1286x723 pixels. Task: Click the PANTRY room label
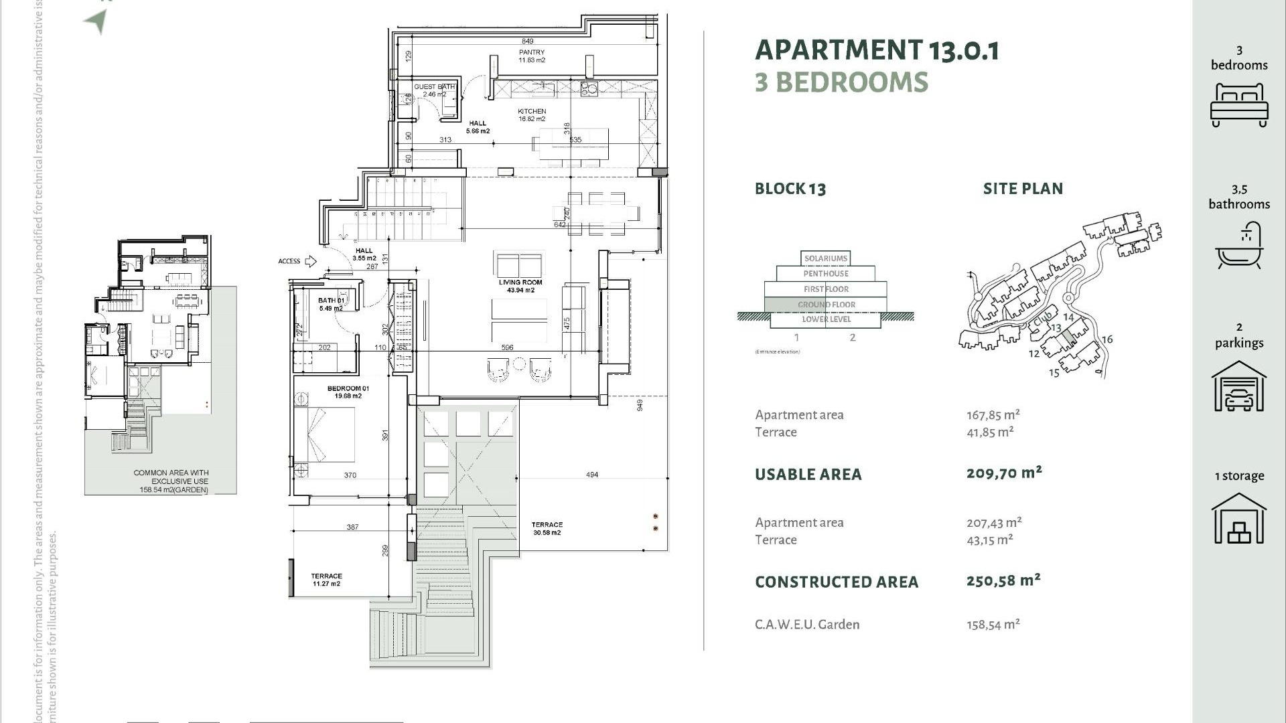(532, 52)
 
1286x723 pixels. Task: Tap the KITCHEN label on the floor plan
(532, 112)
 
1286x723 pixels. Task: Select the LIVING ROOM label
(520, 283)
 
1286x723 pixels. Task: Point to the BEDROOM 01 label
(348, 389)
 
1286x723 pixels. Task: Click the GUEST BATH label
(434, 87)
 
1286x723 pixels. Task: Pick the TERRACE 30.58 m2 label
(547, 526)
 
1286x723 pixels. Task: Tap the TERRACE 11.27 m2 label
(326, 576)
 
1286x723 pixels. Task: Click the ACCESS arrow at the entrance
(310, 261)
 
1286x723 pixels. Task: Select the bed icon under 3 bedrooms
(1239, 105)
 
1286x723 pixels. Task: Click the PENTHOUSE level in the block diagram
(826, 274)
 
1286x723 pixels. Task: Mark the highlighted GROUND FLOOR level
(826, 305)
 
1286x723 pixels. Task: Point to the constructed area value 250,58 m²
(1003, 580)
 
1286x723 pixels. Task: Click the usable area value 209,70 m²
(1003, 473)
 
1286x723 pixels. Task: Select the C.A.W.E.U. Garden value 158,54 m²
(993, 625)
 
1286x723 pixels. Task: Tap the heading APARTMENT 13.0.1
(877, 50)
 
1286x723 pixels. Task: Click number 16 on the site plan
(1106, 339)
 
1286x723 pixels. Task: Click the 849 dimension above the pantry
(528, 42)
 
